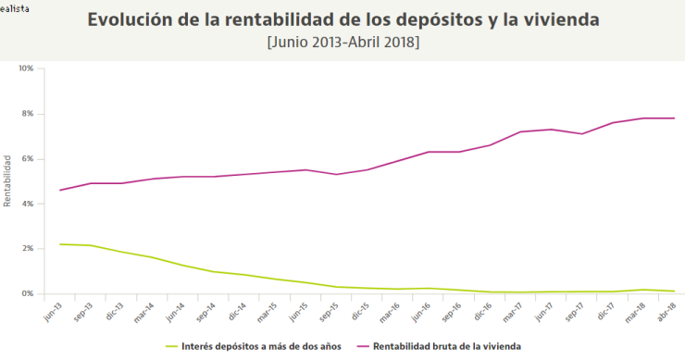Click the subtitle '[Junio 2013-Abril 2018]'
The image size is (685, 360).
coord(342,42)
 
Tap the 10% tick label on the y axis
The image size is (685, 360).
coord(26,68)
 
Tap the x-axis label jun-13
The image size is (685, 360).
coord(53,310)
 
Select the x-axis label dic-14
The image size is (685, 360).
coord(236,310)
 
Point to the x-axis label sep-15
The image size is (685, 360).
coord(328,310)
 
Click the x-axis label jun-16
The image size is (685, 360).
coord(419,310)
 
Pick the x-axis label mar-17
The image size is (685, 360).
coord(511,310)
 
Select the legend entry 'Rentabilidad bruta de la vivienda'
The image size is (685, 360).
coord(447,345)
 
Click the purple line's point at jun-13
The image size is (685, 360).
coord(60,191)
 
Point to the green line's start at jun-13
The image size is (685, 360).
coord(60,244)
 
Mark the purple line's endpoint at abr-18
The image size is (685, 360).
coord(674,118)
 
